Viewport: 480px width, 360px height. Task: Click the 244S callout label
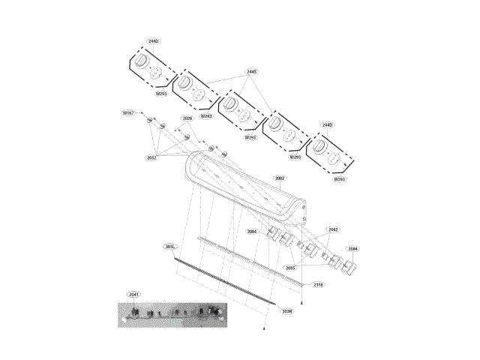[x=251, y=72]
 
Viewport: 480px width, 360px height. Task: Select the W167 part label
[x=128, y=112]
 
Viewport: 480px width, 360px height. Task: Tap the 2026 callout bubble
[x=187, y=118]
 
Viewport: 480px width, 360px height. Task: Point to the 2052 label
[x=152, y=158]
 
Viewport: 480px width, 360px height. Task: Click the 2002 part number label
[x=280, y=178]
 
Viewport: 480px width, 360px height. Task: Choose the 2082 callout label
[x=333, y=229]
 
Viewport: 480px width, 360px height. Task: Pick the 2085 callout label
[x=290, y=268]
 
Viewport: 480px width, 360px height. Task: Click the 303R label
[x=286, y=310]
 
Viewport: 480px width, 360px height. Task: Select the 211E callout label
[x=318, y=285]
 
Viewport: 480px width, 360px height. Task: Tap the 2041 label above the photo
[x=134, y=295]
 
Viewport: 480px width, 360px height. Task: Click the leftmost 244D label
[x=152, y=40]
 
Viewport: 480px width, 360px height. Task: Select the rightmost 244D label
[x=327, y=124]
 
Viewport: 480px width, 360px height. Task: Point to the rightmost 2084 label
[x=352, y=249]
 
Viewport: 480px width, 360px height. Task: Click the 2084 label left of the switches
[x=252, y=232]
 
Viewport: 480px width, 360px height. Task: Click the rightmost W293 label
[x=339, y=180]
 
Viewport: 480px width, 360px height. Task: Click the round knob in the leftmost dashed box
[x=141, y=62]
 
